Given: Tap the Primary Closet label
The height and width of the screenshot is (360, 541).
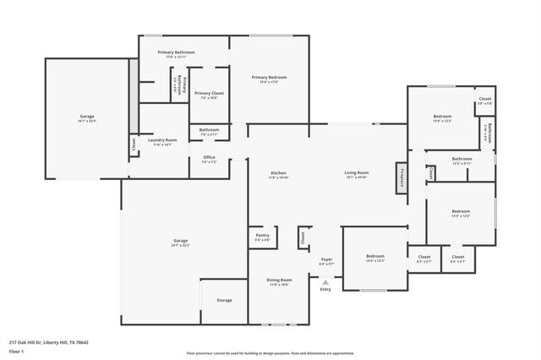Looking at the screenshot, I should coord(209,94).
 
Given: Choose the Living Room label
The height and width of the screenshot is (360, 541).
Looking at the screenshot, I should coord(357,173).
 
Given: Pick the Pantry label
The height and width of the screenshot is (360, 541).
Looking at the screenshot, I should coord(262,237).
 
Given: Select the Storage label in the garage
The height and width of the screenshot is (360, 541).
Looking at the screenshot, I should coord(224,300).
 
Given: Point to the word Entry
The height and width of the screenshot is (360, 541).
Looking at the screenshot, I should coord(325,290).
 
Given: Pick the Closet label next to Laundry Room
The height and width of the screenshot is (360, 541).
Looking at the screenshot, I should coord(134,145).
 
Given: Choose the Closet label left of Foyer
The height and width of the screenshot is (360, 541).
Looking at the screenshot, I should coord(303,239).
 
